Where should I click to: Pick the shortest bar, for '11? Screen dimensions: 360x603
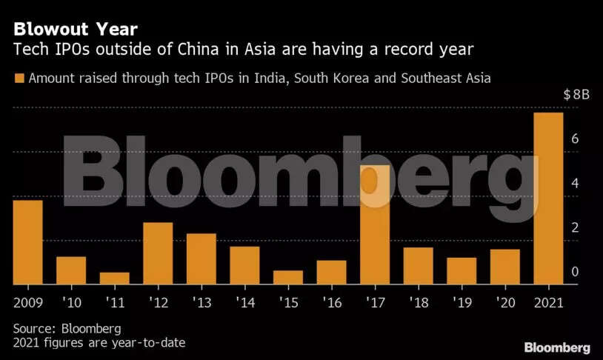115,279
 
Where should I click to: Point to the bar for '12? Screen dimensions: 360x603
158,253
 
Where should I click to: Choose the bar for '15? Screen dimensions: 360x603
288,277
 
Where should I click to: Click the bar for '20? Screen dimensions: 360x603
505,267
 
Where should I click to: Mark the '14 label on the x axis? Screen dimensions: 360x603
244,302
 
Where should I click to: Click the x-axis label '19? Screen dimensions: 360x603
461,302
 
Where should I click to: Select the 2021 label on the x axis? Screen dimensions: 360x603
548,302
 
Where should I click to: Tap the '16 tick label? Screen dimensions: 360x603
330,302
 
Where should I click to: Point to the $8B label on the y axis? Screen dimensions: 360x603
576,95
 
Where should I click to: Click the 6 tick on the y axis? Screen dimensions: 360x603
574,140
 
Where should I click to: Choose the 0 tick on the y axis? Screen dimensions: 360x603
574,273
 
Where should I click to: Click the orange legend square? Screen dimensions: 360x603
19,77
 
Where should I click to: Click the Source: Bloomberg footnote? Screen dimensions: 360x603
67,327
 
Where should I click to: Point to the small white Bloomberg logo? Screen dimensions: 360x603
557,347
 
